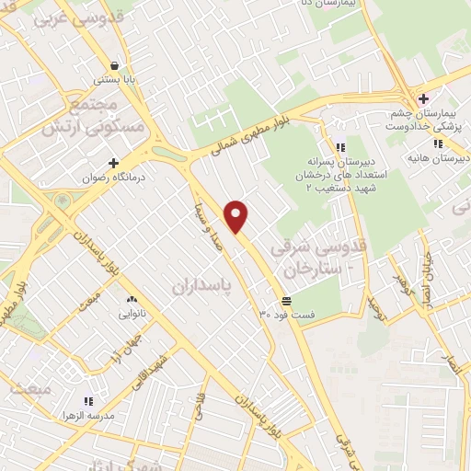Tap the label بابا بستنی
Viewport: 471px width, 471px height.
(113, 80)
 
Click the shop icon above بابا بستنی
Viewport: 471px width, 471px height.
(113, 66)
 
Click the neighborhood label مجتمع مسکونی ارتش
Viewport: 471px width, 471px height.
(95, 119)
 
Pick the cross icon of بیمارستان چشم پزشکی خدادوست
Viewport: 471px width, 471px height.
(422, 99)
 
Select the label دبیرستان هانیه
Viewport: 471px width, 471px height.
(446, 157)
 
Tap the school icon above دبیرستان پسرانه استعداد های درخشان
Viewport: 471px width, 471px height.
(340, 146)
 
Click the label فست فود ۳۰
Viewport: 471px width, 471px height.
(287, 315)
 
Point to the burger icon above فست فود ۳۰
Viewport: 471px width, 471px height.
(287, 301)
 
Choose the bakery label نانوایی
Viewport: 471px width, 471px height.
(130, 313)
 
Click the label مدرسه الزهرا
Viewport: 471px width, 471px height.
(89, 416)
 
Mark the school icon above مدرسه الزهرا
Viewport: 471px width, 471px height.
(89, 401)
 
